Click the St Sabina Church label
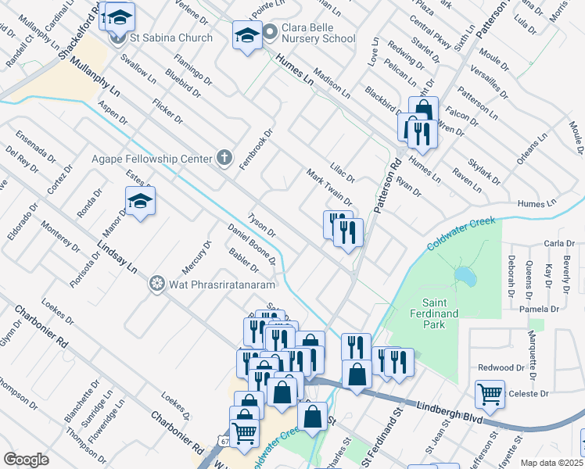[172, 38]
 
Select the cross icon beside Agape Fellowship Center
[224, 159]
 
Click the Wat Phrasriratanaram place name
[214, 282]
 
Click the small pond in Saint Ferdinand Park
[465, 276]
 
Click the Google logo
[26, 460]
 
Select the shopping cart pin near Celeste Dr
[490, 395]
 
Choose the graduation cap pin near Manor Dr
[140, 202]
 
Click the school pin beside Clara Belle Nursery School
[247, 35]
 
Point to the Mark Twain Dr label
[329, 188]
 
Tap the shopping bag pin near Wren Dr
[423, 111]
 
